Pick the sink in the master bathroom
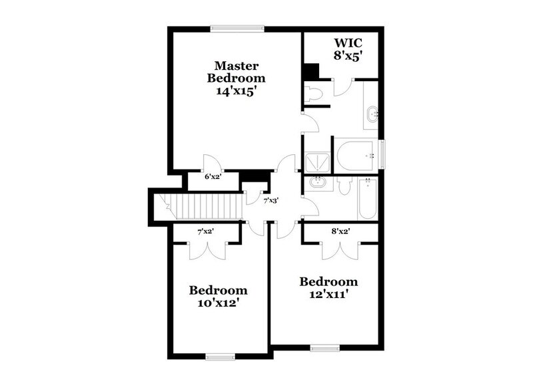coord(372,114)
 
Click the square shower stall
coord(316,160)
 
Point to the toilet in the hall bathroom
coord(343,186)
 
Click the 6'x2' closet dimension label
coord(213,178)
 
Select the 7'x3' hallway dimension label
coord(270,200)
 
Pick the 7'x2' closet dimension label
coord(205,232)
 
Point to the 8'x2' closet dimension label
coord(340,232)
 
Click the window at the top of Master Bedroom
coord(237,28)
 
